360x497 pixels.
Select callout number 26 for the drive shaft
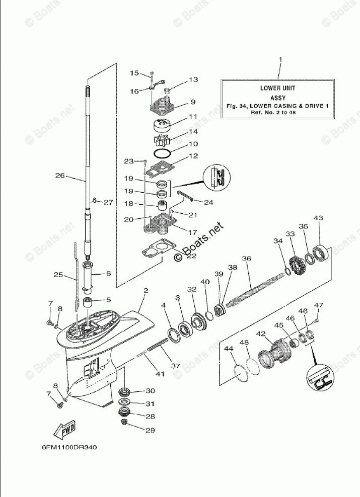click(60, 176)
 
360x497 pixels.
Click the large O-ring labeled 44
click(241, 373)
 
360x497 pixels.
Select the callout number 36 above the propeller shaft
click(246, 259)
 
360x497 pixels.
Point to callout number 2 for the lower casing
click(145, 291)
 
